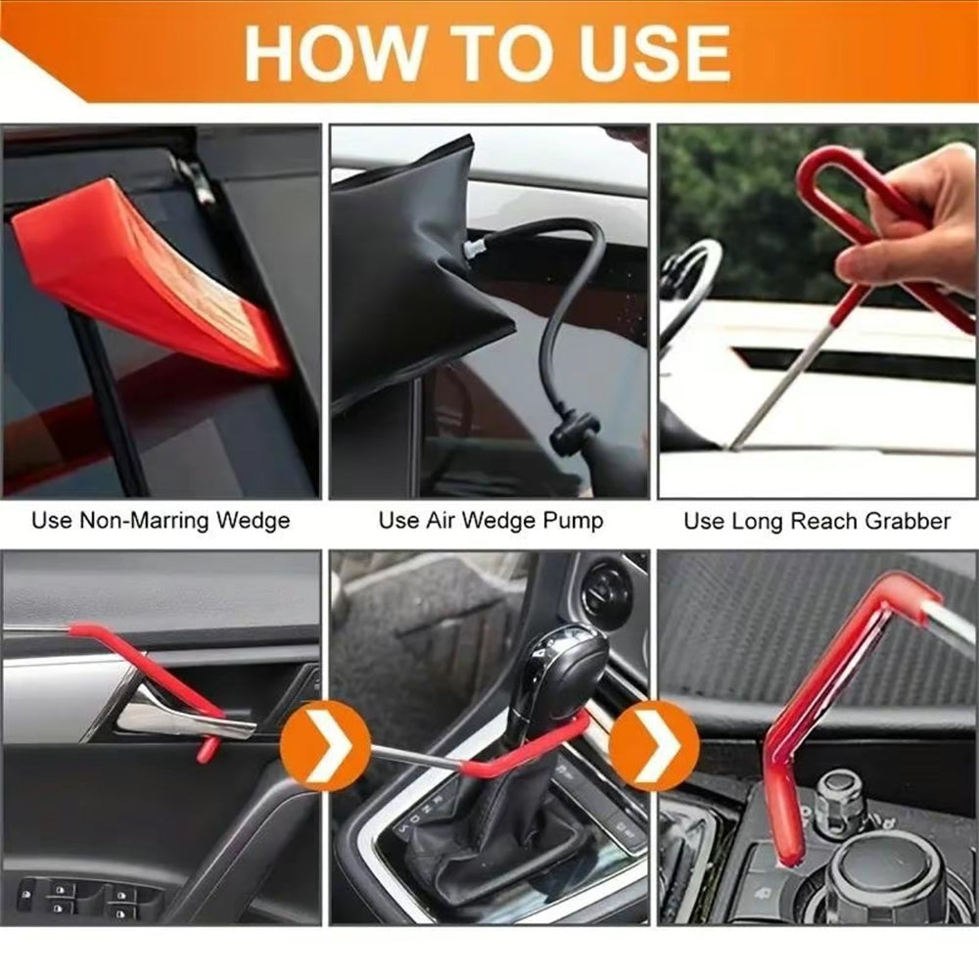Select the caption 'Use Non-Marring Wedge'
point(161,520)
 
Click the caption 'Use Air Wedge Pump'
point(490,520)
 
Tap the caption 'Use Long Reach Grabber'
point(816,521)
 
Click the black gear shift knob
point(558,676)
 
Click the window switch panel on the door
point(88,896)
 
